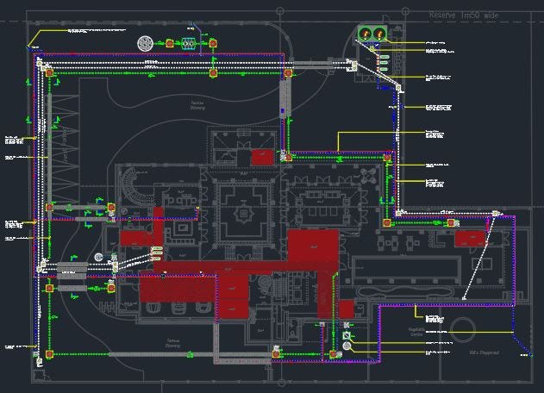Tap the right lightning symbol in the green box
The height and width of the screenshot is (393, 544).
point(378,34)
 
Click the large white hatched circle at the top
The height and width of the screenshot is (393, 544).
point(146,41)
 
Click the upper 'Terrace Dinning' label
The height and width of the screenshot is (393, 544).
point(197,105)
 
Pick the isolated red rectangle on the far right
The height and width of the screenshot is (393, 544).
point(470,240)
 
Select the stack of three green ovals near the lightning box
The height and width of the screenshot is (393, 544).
point(383,63)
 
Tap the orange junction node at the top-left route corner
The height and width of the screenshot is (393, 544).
point(40,61)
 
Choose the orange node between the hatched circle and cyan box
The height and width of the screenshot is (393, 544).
point(170,41)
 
